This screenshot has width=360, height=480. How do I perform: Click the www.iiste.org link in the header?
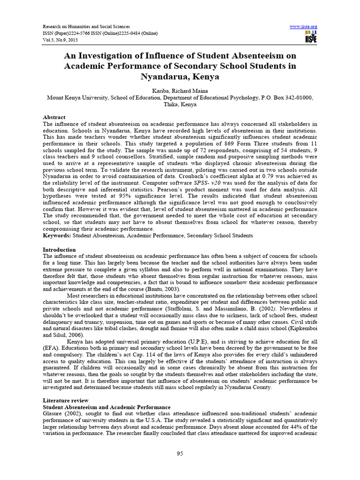(x=304, y=26)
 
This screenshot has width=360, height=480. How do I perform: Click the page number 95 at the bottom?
(x=180, y=452)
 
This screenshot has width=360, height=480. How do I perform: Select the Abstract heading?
(x=54, y=117)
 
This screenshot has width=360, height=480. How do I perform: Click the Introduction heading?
(x=59, y=250)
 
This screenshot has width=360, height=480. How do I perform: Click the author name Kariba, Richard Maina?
(x=180, y=90)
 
